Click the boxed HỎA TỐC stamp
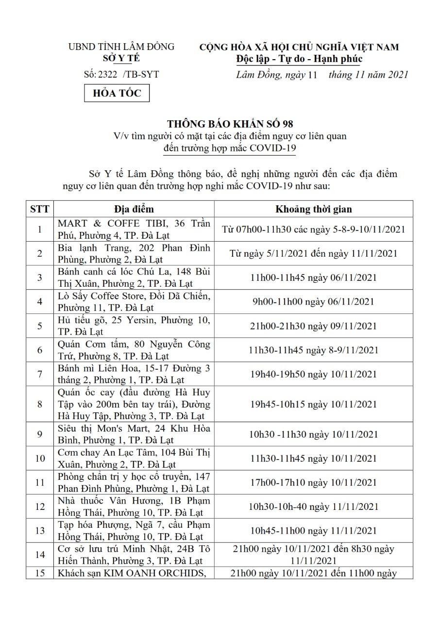(x=117, y=93)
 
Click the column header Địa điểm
(x=134, y=209)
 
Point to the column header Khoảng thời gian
(x=314, y=209)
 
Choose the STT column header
(x=39, y=209)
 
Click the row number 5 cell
(x=39, y=326)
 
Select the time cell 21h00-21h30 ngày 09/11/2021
(x=314, y=326)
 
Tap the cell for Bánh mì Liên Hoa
(x=134, y=374)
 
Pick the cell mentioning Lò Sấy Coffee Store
(x=134, y=301)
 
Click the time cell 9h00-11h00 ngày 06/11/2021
(x=314, y=301)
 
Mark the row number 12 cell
(x=39, y=507)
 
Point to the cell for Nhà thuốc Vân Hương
(x=134, y=507)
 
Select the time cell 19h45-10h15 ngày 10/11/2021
(x=314, y=404)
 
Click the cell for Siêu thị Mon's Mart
(x=134, y=434)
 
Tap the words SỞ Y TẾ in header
(x=121, y=58)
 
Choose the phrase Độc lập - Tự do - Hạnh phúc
(x=299, y=59)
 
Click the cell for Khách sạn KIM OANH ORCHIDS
(x=134, y=573)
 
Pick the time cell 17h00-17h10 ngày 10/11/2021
(x=314, y=482)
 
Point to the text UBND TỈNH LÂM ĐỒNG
(x=121, y=47)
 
